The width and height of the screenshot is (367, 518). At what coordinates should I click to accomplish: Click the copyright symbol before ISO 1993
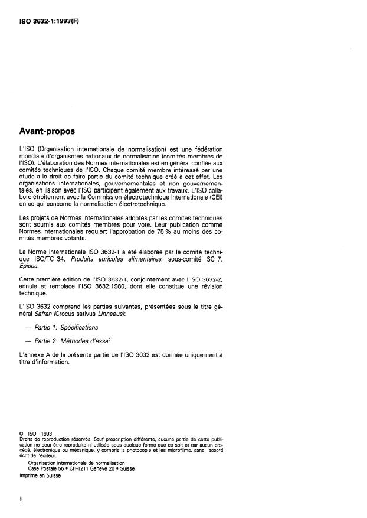pos(21,434)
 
